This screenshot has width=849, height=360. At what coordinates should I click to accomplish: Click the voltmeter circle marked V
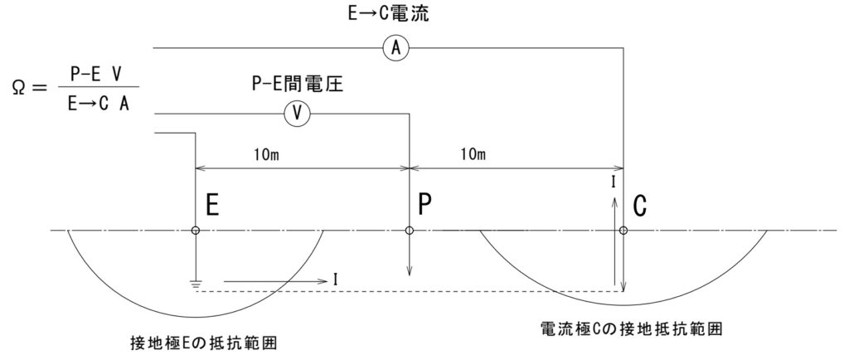tap(297, 114)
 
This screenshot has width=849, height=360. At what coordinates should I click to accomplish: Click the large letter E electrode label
tap(211, 206)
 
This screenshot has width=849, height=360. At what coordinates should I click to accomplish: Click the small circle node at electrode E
tap(196, 231)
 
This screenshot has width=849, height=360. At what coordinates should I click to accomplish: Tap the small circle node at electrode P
tap(409, 231)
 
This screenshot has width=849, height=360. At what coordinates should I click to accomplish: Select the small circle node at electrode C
tap(623, 231)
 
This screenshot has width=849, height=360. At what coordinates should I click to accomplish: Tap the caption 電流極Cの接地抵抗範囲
tap(630, 328)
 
